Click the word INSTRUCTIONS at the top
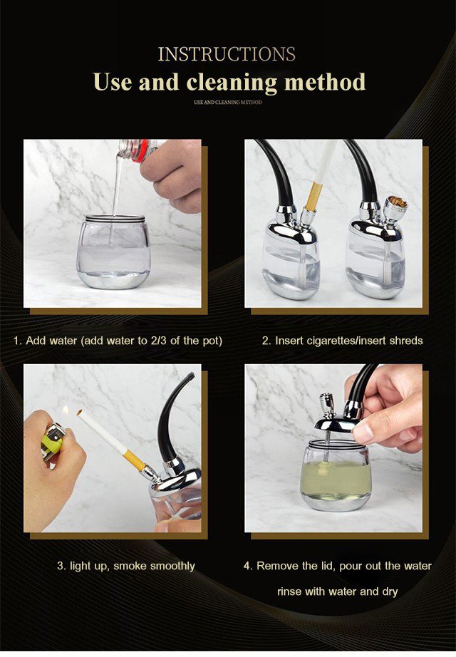click(x=227, y=54)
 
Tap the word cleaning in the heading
click(x=232, y=82)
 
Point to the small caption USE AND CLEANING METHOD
click(x=228, y=102)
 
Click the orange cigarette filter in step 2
click(x=313, y=197)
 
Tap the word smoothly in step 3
click(x=172, y=567)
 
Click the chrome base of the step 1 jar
click(x=113, y=280)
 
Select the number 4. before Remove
click(x=248, y=566)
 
